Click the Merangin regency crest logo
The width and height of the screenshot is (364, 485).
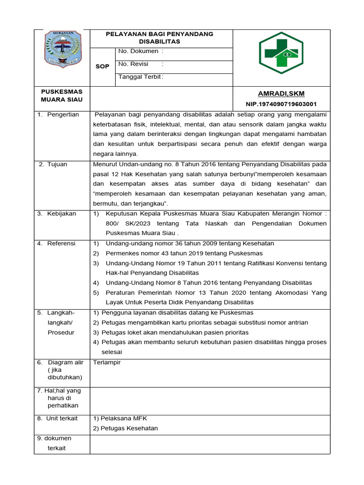[x=63, y=49]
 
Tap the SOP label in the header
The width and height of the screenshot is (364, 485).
[x=102, y=67]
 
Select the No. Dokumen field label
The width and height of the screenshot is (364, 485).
[x=140, y=51]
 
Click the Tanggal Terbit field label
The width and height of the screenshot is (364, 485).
[x=141, y=77]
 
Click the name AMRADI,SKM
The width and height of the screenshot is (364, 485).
[x=281, y=94]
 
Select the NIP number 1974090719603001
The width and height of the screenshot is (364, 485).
[x=281, y=104]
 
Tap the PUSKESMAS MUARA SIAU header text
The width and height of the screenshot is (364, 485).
[x=62, y=95]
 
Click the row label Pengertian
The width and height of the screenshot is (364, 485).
[x=63, y=115]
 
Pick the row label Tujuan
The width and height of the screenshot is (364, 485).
[x=57, y=164]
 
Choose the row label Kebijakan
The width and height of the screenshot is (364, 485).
[x=61, y=214]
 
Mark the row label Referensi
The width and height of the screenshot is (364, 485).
[x=61, y=243]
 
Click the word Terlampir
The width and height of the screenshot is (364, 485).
[x=108, y=362]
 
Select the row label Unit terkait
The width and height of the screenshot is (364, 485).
[x=62, y=418]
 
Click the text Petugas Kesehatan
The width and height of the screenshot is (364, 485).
[x=126, y=428]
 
